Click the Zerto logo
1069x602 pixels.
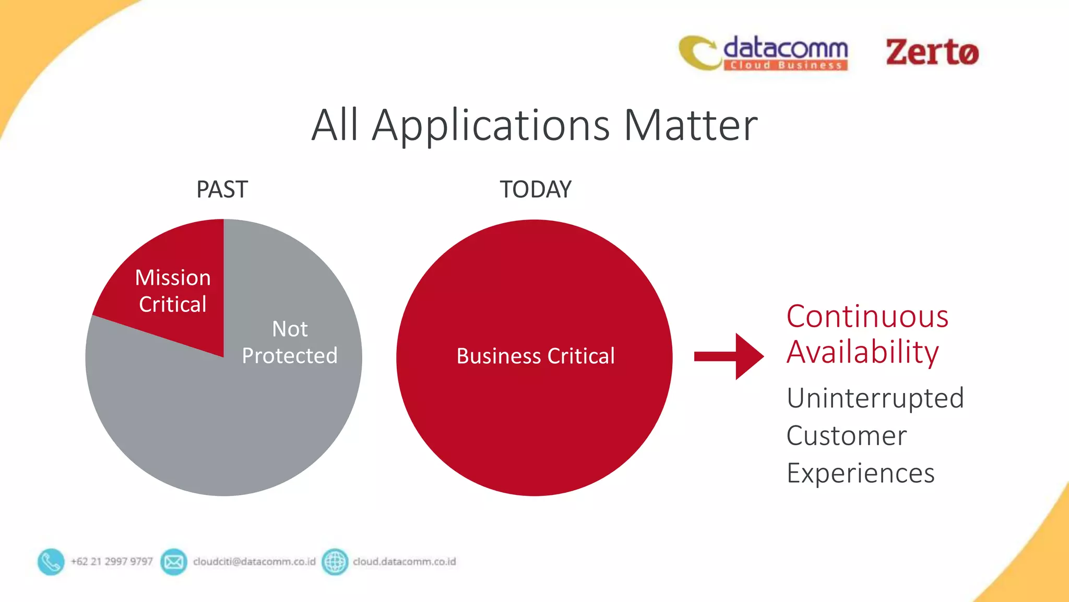point(932,52)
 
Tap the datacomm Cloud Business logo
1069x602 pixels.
point(764,53)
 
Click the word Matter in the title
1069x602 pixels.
point(690,125)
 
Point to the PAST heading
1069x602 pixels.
point(222,189)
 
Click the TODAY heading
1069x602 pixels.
point(536,189)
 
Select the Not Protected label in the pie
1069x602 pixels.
point(290,342)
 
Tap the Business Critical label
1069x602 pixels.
point(536,356)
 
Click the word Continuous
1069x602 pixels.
point(867,317)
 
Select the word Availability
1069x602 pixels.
point(862,352)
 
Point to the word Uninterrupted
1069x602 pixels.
point(875,398)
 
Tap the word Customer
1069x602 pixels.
point(846,436)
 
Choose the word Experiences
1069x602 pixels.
point(860,473)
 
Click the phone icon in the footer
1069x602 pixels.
point(51,562)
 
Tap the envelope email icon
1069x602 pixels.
point(173,562)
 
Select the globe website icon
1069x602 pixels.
point(335,562)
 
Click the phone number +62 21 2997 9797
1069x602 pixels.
point(112,562)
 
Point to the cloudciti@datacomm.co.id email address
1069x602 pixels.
point(254,562)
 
